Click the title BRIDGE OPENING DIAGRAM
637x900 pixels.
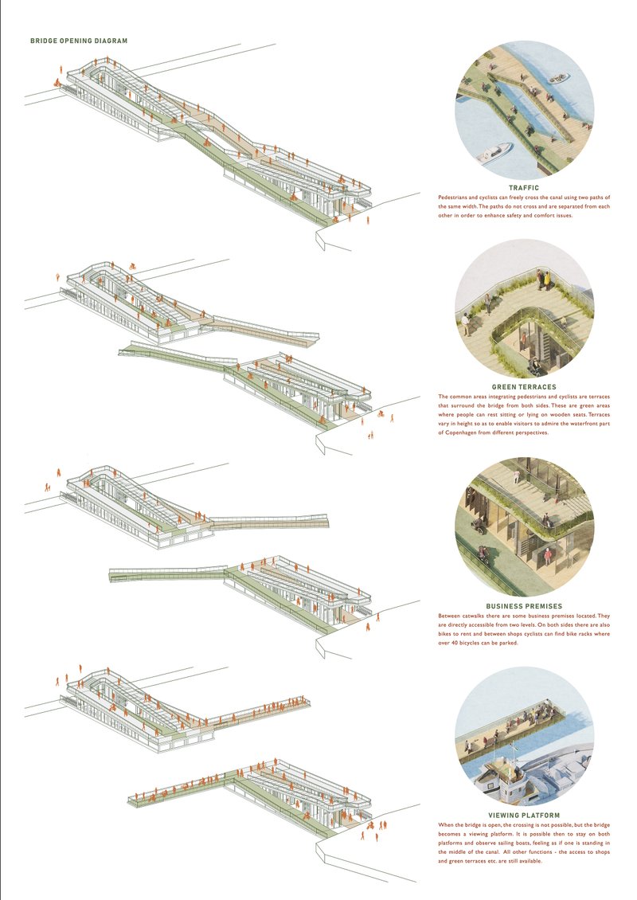(x=78, y=41)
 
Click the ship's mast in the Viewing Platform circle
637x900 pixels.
(x=515, y=753)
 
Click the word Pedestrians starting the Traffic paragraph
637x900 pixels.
(x=455, y=197)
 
